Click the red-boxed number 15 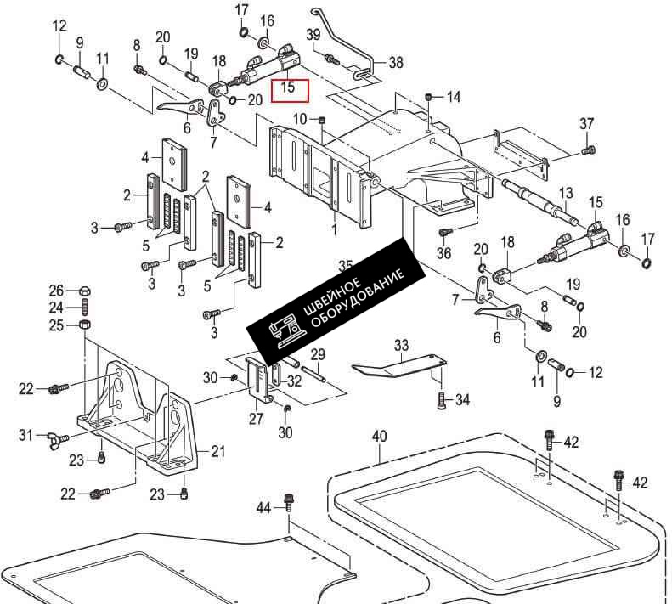[x=288, y=87]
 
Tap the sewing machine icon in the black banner [x=285, y=329]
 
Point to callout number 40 [x=379, y=437]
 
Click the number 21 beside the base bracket [x=218, y=451]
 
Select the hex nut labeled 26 [x=84, y=291]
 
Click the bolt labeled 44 [x=289, y=502]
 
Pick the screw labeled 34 [x=443, y=401]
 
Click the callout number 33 [x=401, y=345]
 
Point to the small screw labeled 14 [x=430, y=98]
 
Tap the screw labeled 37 [x=588, y=150]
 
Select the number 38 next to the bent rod [x=396, y=63]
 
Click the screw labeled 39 [x=332, y=59]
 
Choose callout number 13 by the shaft [x=566, y=193]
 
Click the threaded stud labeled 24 [x=85, y=308]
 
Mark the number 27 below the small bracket [x=256, y=419]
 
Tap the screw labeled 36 [x=445, y=233]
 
